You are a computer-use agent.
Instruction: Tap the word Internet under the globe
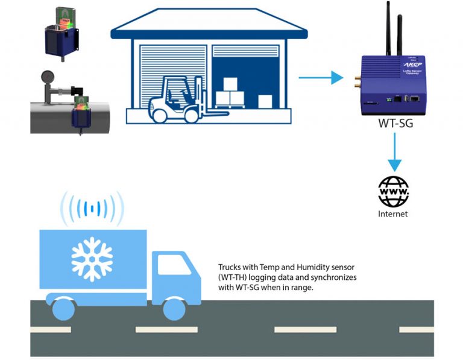392,213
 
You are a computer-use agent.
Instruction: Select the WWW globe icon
393,192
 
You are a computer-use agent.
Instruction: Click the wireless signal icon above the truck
92,207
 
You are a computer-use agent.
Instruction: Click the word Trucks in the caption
230,267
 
